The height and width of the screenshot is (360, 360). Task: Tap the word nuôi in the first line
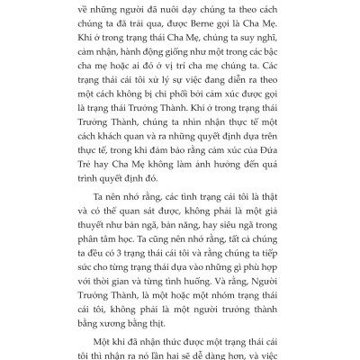(x=167, y=8)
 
